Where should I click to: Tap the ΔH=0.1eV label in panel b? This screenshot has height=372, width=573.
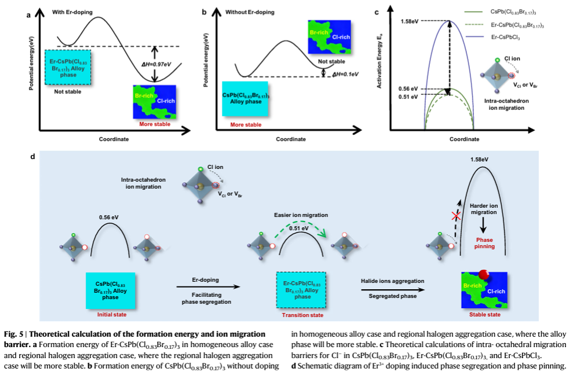click(345, 74)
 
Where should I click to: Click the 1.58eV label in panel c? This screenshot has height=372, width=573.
click(408, 21)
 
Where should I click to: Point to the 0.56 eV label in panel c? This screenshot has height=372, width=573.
click(408, 89)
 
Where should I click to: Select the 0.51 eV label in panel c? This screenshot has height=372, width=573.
click(408, 97)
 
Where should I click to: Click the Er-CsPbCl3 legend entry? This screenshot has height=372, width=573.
click(503, 38)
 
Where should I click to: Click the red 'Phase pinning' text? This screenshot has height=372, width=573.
click(484, 242)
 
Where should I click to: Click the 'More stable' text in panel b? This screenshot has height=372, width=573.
click(245, 124)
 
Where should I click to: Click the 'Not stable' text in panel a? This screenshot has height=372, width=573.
click(67, 91)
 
